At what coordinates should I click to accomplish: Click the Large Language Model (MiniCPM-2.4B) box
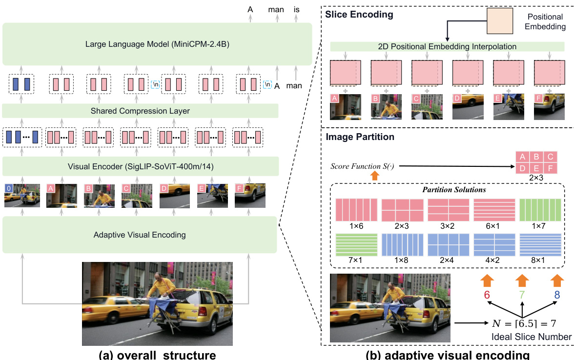(157, 43)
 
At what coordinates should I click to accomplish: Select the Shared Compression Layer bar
(140, 111)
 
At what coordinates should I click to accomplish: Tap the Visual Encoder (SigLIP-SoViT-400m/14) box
(140, 166)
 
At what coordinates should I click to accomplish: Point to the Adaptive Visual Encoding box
(140, 235)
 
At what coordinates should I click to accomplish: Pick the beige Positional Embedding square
(499, 22)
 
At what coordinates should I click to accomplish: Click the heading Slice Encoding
(359, 15)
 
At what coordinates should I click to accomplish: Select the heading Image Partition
(360, 137)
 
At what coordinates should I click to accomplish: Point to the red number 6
(487, 295)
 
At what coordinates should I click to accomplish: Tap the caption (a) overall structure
(157, 354)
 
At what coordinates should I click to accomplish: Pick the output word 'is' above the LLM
(296, 9)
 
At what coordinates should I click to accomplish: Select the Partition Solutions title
(447, 189)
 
